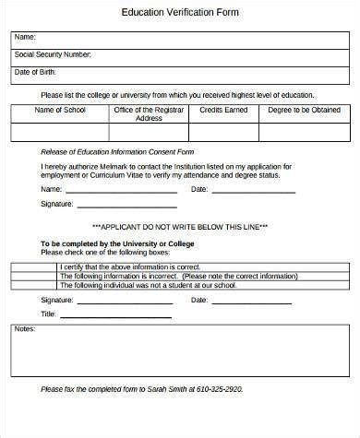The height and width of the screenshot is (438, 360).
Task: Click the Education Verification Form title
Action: (179, 14)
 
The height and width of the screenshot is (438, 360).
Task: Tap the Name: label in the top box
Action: (26, 38)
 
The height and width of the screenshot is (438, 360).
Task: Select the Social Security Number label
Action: (53, 55)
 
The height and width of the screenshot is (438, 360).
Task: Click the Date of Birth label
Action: (36, 72)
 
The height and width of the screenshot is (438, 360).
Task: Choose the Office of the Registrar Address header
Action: (149, 114)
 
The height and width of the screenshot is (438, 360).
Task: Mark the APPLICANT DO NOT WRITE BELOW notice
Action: (180, 226)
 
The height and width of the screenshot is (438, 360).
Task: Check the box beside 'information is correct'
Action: (34, 266)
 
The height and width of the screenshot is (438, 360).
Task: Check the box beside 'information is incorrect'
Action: (34, 276)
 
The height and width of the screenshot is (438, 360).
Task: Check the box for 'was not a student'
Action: (34, 285)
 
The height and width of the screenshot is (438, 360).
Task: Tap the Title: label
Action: (49, 314)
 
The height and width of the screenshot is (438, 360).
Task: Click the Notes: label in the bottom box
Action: (25, 329)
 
